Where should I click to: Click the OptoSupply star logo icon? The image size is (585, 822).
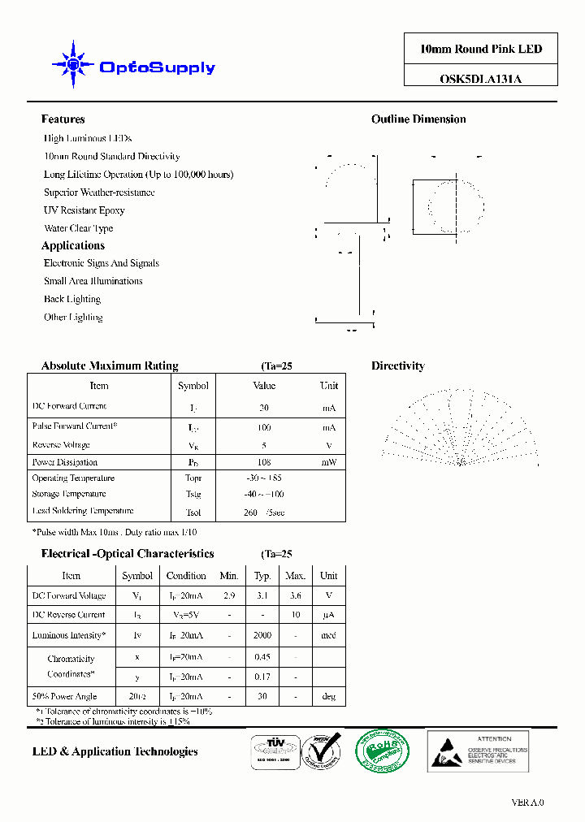(72, 64)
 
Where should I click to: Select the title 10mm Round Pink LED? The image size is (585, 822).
(480, 49)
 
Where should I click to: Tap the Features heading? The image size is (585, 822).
(63, 119)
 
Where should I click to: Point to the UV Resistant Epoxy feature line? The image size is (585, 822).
(84, 210)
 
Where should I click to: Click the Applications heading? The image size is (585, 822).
(73, 245)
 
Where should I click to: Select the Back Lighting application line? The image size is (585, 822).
(72, 299)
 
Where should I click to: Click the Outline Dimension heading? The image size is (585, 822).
(418, 119)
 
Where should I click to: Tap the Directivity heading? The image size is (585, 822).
(397, 366)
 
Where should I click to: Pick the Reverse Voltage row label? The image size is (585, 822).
(61, 445)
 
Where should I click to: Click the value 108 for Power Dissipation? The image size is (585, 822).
(263, 462)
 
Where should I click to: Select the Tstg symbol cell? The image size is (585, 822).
(193, 495)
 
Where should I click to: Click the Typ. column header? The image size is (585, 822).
(262, 575)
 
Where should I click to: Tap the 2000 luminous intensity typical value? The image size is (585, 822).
(262, 635)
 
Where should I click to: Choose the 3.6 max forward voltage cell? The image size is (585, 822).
(295, 595)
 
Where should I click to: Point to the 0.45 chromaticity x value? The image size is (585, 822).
(262, 657)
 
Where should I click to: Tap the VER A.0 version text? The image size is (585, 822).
(527, 803)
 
